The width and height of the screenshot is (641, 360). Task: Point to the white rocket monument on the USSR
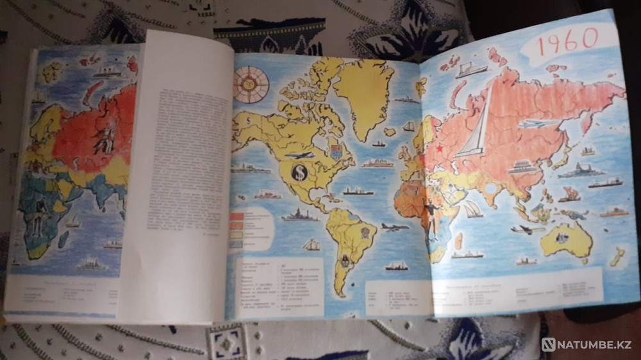coord(477,125)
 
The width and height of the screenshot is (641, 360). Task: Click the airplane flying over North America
coord(299,155)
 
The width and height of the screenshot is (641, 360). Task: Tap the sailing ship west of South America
coord(312,245)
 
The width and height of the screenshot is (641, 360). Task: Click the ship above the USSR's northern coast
coord(472,69)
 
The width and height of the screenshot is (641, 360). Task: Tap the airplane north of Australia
coord(527,229)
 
